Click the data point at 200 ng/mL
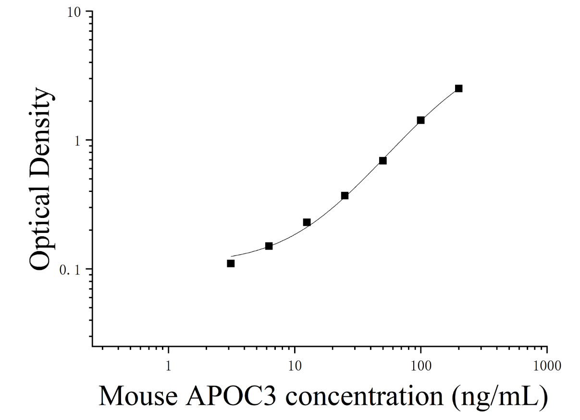pos(458,89)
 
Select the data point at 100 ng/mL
pos(421,120)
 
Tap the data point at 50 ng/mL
pos(383,161)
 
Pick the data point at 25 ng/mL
pos(345,196)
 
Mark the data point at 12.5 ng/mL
pos(307,222)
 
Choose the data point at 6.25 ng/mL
pos(269,246)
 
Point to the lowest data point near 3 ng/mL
pos(231,264)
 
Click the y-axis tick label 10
pos(74,13)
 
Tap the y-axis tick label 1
pos(78,141)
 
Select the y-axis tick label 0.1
pos(71,270)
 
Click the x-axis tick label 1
pos(169,366)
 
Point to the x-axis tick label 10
pos(295,366)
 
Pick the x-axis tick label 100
pos(421,366)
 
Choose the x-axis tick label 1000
pos(547,366)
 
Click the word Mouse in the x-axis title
pos(138,396)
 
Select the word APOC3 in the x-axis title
pos(231,396)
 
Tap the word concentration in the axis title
pos(365,396)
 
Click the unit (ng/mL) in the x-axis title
pos(500,398)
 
